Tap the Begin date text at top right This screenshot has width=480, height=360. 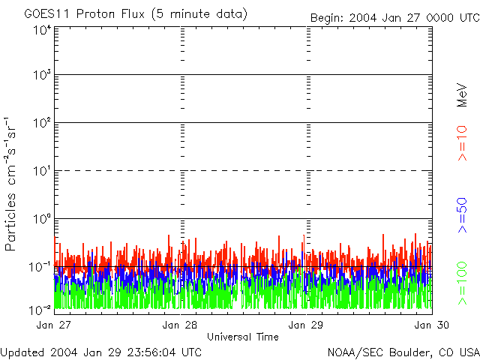395,18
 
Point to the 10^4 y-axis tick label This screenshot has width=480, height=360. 43,30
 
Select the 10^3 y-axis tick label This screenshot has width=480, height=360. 43,75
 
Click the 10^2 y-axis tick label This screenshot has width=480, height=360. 43,123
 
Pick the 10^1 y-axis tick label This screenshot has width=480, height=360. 43,171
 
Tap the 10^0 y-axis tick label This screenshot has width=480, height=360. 43,219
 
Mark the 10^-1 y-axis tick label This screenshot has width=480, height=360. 40,267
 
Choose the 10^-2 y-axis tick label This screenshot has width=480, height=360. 40,310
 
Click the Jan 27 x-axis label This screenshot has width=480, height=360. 53,325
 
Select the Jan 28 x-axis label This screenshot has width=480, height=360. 180,325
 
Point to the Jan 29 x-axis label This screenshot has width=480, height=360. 306,325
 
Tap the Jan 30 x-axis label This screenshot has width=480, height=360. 432,325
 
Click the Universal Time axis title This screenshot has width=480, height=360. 243,337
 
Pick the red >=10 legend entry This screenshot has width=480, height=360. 462,143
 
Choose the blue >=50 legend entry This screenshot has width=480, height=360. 462,215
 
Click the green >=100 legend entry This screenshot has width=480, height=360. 462,283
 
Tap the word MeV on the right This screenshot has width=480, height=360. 462,95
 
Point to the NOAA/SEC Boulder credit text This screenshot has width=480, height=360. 403,352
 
